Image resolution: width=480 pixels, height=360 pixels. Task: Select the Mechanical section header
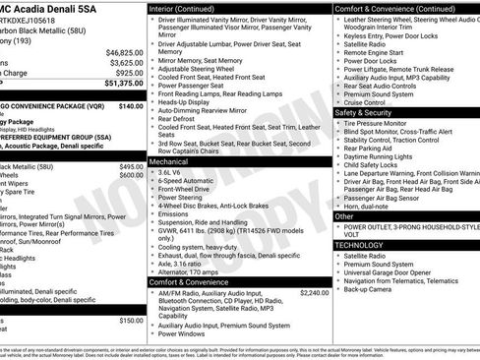pos(170,161)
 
